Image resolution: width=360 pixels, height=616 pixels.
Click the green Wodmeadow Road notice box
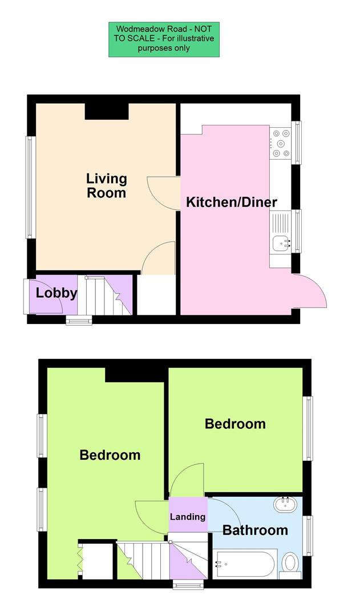tap(164, 39)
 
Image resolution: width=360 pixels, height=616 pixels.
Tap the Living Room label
tap(106, 186)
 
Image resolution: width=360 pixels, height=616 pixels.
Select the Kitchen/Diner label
tap(232, 202)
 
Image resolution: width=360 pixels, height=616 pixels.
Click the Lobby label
tap(56, 293)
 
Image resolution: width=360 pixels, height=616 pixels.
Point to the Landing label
tap(188, 517)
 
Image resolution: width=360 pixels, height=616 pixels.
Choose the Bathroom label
tap(255, 530)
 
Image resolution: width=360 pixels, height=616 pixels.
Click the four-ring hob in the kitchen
tap(281, 141)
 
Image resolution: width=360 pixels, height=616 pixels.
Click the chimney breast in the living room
tap(106, 111)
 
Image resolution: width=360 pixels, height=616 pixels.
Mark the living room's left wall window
tap(29, 187)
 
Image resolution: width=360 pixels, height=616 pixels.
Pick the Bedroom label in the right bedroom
tap(235, 424)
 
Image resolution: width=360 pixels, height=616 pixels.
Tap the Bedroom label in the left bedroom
tap(110, 455)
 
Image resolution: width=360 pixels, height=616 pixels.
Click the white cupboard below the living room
tap(156, 295)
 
